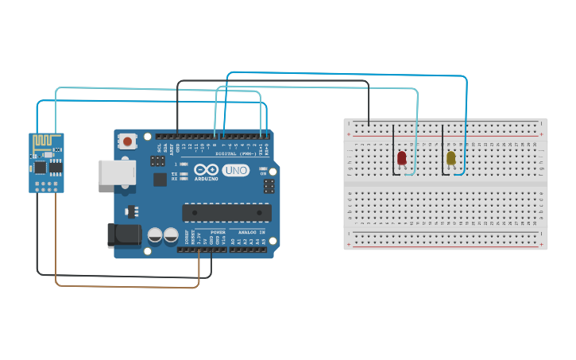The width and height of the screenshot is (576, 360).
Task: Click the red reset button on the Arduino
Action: pos(127,142)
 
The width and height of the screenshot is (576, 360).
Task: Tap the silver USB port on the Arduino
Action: pos(112,172)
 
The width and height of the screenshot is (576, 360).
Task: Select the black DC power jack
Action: pos(122,234)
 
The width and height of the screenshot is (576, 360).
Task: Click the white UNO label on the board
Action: pos(236,170)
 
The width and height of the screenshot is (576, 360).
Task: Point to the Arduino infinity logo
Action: pos(210,170)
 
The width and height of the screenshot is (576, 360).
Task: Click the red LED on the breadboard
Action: pos(402,158)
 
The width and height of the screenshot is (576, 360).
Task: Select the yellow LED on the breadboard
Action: pos(451,158)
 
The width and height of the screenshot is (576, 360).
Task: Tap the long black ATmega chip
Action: pos(226,213)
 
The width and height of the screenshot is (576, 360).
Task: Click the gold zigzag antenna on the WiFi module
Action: pos(47,141)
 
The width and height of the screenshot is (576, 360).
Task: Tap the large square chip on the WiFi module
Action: pos(40,167)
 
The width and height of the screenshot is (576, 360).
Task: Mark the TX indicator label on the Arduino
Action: pos(174,173)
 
